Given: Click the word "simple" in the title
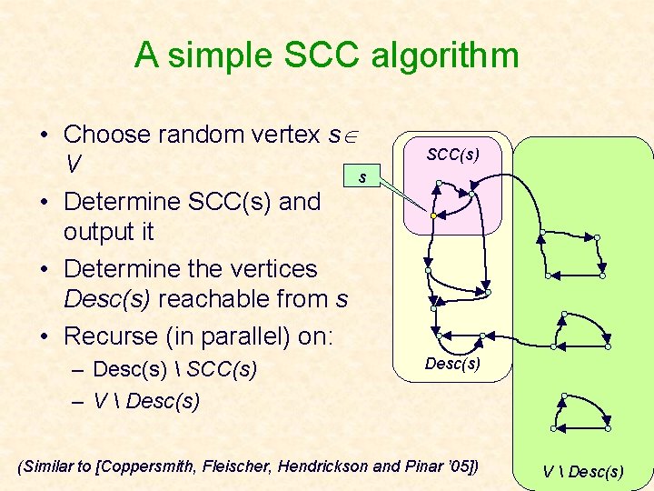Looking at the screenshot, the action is (219, 56).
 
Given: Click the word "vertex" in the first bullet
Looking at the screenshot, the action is (289, 135).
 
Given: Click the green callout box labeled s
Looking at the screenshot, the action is (362, 176).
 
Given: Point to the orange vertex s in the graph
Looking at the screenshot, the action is (434, 215).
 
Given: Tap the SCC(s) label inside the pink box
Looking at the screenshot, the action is (452, 155).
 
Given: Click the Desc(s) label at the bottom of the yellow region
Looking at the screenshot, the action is (452, 364).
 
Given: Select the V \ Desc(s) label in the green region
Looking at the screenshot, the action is (583, 470).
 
